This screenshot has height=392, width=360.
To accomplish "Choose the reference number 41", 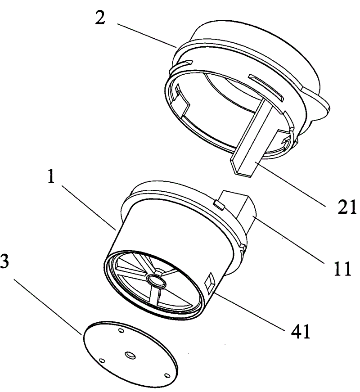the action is click(x=301, y=331).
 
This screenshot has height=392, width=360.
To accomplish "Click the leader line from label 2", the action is click(x=147, y=36).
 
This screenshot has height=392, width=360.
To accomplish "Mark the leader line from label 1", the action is click(x=89, y=207).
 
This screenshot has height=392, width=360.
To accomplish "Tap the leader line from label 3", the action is click(x=48, y=307).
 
